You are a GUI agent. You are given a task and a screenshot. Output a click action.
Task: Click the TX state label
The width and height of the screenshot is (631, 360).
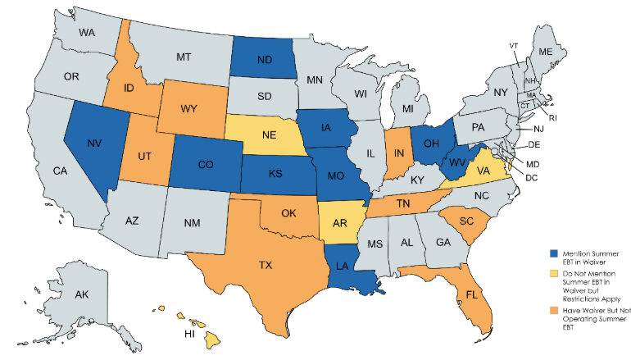point(266,267)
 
